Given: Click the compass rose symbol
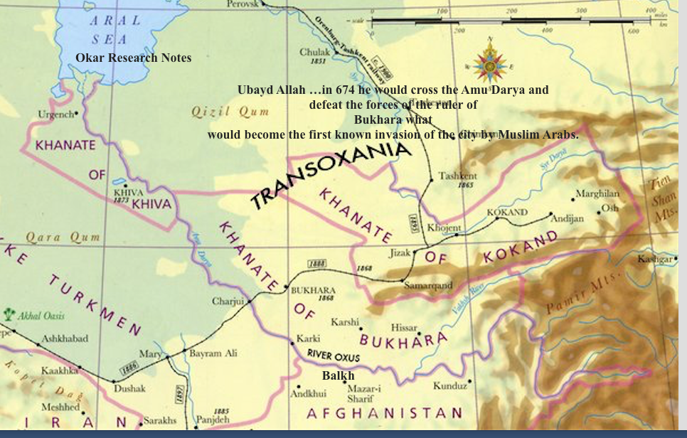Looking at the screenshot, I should (x=490, y=61).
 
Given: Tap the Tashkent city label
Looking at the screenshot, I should (x=457, y=176).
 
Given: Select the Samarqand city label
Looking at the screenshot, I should (x=428, y=285).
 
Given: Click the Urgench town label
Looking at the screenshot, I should (x=56, y=114).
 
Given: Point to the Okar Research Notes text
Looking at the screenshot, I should (x=134, y=58).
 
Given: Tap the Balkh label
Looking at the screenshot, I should (x=338, y=375).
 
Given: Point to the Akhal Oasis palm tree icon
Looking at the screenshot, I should (x=9, y=314).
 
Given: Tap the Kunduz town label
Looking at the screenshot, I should (x=449, y=385).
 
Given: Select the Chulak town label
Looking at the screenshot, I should (x=315, y=52).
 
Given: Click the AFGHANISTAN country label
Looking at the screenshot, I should (x=384, y=413).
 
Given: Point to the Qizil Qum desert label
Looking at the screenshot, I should (x=230, y=112).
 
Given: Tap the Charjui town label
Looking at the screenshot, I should (x=228, y=301).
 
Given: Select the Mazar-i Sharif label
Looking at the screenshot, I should (x=364, y=394).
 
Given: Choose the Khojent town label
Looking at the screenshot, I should (x=444, y=228).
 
